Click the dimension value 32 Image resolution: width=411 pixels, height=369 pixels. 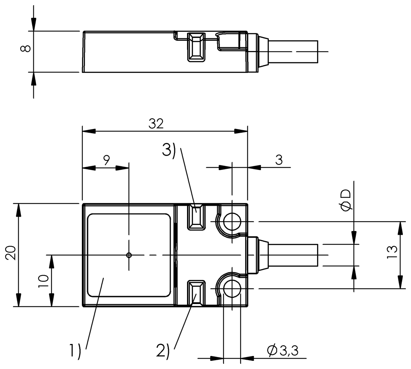pos(156,124)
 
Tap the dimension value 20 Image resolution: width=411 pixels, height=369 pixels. pos(11,253)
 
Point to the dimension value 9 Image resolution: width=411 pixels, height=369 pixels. pos(106,160)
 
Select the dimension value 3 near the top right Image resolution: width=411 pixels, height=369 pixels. pos(279,160)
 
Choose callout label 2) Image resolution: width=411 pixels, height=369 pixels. pos(163,351)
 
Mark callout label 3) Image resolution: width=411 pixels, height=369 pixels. pos(169,151)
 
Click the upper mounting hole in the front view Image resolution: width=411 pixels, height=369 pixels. pos(232,221)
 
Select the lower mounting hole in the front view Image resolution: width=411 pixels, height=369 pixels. pos(232,289)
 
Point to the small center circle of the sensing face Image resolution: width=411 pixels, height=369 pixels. pos(129,255)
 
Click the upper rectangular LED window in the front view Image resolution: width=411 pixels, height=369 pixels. pos(196,217)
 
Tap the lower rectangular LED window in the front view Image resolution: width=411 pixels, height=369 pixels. pos(196,293)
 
